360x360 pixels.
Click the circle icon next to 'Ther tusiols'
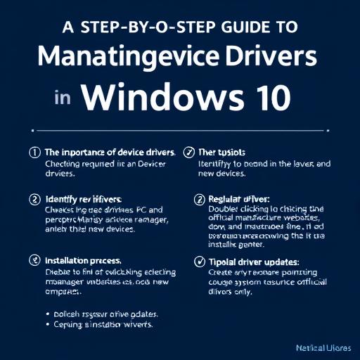pyautogui.click(x=188, y=152)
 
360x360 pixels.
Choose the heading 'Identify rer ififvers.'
pyautogui.click(x=87, y=199)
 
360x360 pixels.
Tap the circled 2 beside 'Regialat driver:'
pyautogui.click(x=198, y=199)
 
